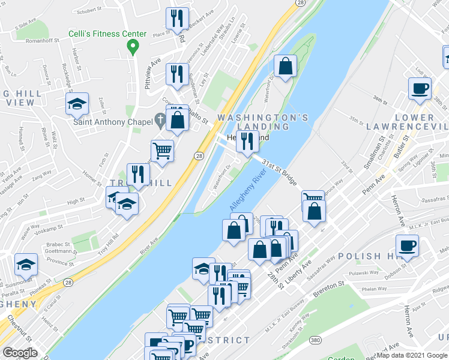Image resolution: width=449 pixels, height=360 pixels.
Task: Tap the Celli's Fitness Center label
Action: coord(107,34)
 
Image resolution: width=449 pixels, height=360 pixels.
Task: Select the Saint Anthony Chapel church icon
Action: coord(159,119)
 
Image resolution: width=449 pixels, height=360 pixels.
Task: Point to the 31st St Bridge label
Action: coord(280,172)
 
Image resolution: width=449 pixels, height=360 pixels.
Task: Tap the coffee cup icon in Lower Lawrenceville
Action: coord(420,89)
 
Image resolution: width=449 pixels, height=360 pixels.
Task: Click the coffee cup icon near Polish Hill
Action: coord(407,245)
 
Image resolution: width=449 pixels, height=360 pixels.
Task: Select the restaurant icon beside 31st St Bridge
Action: coord(247,142)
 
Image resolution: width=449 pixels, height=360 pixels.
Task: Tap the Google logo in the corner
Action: coord(20,353)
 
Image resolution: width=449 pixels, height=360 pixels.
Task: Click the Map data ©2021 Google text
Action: coord(412,355)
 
